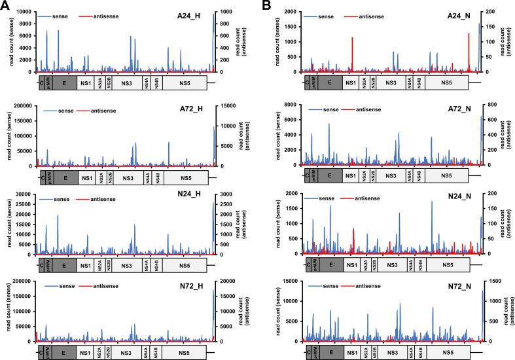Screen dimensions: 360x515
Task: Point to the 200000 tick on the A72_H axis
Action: [x=21, y=105]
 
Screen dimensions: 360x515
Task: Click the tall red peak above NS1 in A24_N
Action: [x=352, y=38]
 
